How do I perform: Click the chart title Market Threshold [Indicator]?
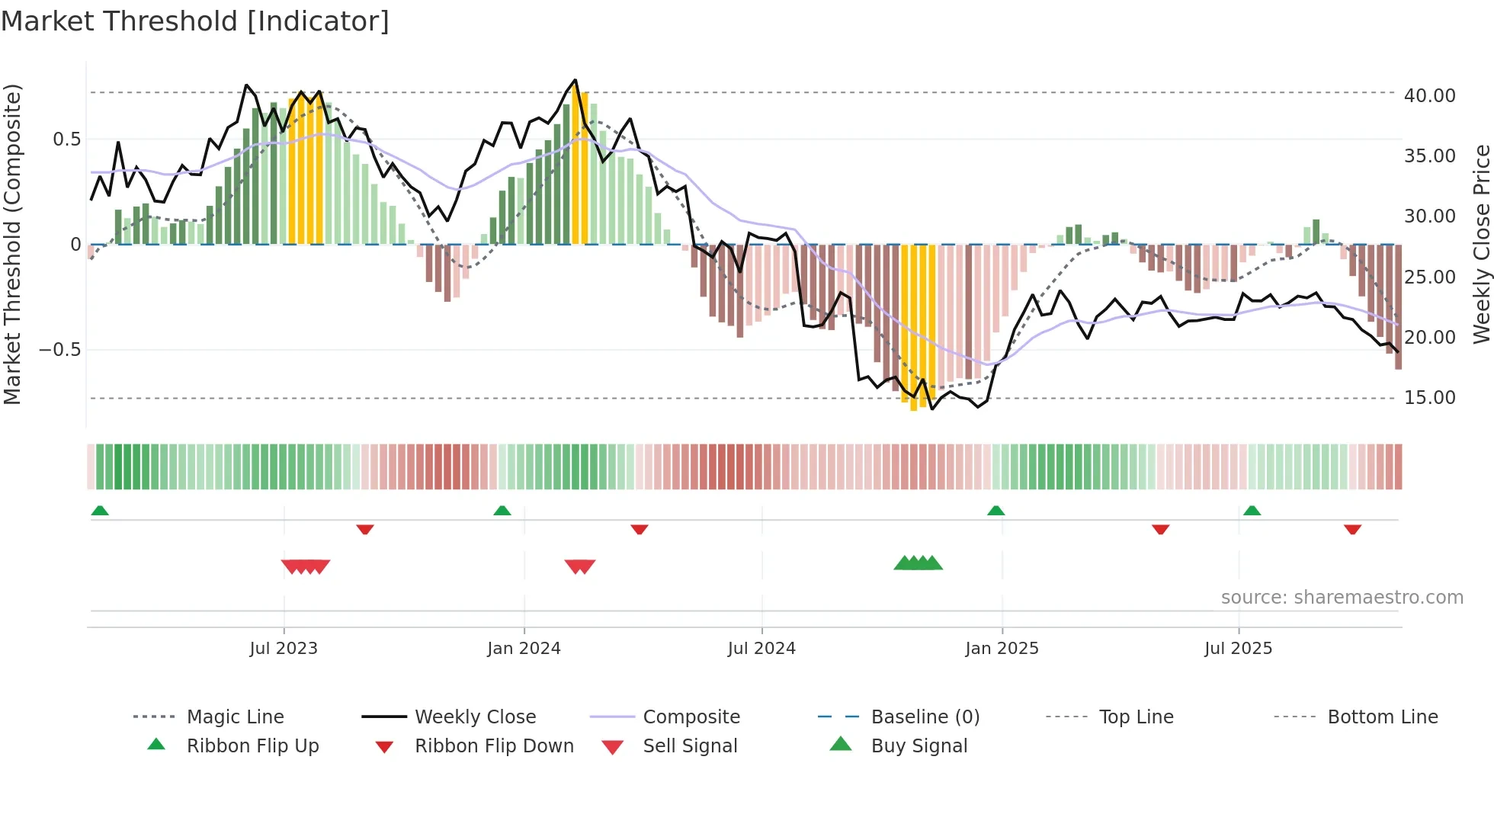(x=195, y=21)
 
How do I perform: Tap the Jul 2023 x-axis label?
(x=284, y=649)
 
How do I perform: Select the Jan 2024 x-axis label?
(x=524, y=649)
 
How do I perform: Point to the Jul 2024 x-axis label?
(x=761, y=649)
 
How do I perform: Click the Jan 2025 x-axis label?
(x=1002, y=649)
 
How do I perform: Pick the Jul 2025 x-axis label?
(x=1239, y=649)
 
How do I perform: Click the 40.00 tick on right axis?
(x=1429, y=96)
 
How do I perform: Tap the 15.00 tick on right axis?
(x=1429, y=398)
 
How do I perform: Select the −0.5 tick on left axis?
(x=59, y=350)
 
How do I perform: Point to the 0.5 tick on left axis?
(x=66, y=139)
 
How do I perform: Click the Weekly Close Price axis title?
(x=1481, y=244)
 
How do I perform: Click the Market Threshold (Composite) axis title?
(x=12, y=244)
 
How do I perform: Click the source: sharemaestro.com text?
(x=1342, y=598)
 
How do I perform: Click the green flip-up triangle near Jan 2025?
(x=995, y=511)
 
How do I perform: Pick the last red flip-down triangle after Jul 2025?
(x=1352, y=529)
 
